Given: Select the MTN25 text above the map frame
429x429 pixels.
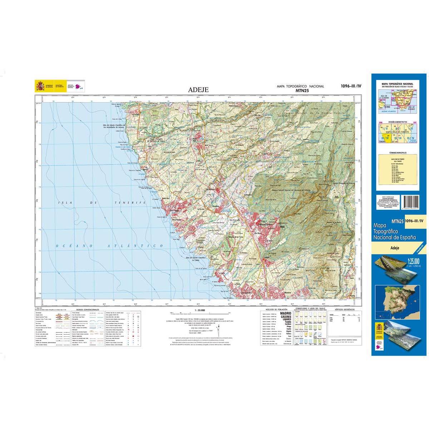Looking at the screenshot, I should pos(300,91).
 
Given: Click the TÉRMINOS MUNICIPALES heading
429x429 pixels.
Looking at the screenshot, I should pos(397,153).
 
